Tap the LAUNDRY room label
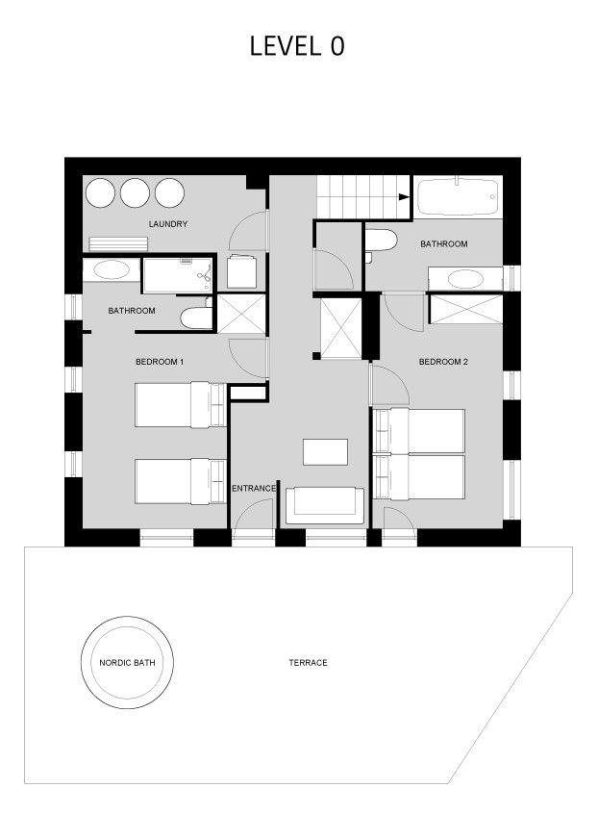tap(167, 224)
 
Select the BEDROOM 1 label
tap(159, 362)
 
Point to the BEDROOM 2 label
tap(443, 362)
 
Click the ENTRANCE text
tap(254, 489)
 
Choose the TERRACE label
tap(308, 663)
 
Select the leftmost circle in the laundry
tap(100, 192)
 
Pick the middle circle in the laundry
tap(135, 192)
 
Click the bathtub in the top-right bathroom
tap(457, 197)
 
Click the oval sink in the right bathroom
tap(468, 280)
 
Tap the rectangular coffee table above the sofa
tap(325, 452)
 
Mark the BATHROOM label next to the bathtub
tap(443, 244)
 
